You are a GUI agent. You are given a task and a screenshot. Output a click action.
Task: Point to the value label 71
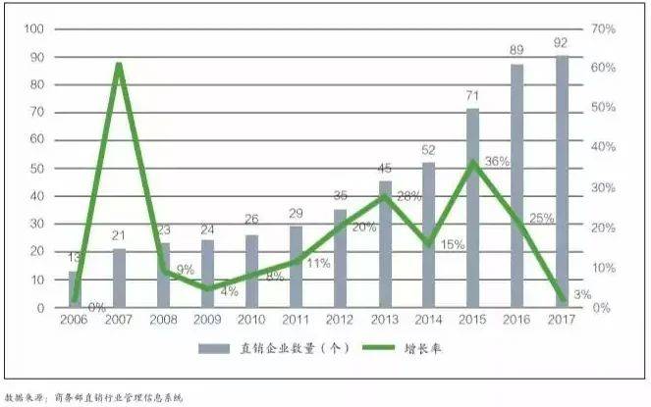[x=472, y=96]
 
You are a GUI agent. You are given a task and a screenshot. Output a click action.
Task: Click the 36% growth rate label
[x=497, y=161]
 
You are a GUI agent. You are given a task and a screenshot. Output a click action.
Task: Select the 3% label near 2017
[x=580, y=294]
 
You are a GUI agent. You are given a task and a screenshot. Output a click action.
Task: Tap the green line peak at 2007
[x=119, y=65]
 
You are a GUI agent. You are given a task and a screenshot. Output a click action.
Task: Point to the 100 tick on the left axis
[x=35, y=29]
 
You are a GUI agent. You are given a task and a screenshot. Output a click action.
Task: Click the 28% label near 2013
[x=408, y=197]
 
